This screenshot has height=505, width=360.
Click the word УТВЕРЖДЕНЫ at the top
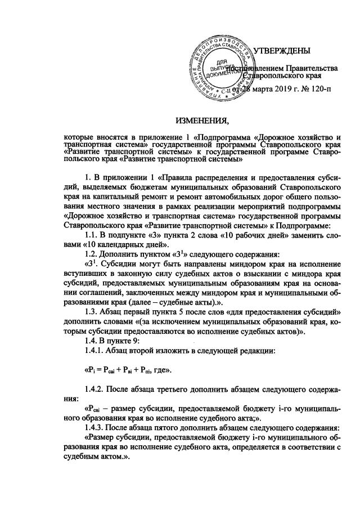pyautogui.click(x=282, y=52)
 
